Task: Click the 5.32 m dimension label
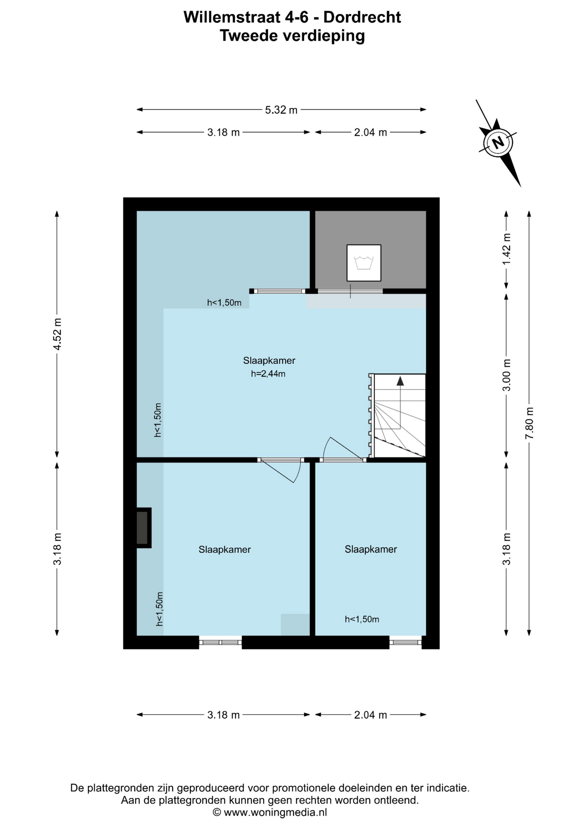[x=281, y=110]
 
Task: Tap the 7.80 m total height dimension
[x=529, y=423]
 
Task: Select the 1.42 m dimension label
[x=507, y=249]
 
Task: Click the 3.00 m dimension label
[x=507, y=375]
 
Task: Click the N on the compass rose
[x=498, y=142]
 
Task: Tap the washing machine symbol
[x=364, y=263]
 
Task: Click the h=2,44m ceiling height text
[x=268, y=374]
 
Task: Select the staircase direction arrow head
[x=400, y=381]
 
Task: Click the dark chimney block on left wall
[x=143, y=528]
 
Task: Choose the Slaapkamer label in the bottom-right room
[x=371, y=549]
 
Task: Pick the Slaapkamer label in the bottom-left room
[x=224, y=550]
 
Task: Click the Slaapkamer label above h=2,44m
[x=269, y=361]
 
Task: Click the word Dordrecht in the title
[x=362, y=17]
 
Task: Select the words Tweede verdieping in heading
[x=292, y=35]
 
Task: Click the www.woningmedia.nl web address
[x=275, y=812]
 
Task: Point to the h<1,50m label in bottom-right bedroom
[x=362, y=619]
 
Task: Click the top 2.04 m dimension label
[x=370, y=133]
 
